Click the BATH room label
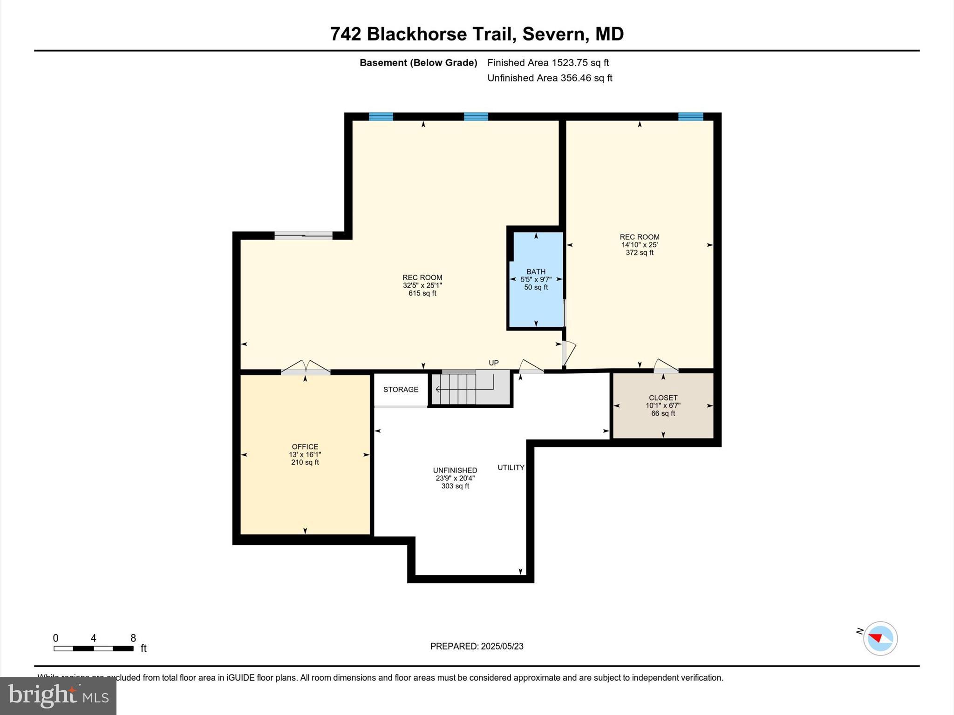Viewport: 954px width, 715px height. pyautogui.click(x=536, y=271)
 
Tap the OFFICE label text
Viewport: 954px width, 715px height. pyautogui.click(x=305, y=446)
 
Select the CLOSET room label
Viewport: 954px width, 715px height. pyautogui.click(x=663, y=398)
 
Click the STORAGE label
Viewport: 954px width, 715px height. pyautogui.click(x=401, y=390)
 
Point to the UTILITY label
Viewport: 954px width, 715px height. pyautogui.click(x=511, y=467)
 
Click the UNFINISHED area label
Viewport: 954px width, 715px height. pyautogui.click(x=455, y=470)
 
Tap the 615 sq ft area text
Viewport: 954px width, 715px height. pyautogui.click(x=422, y=293)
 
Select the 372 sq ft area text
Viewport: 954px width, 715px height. pyautogui.click(x=640, y=253)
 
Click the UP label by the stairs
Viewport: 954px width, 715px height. pyautogui.click(x=494, y=363)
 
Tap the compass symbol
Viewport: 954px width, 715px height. pyautogui.click(x=880, y=638)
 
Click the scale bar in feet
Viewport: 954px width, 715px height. pyautogui.click(x=94, y=648)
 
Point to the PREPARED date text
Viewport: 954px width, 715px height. pyautogui.click(x=477, y=646)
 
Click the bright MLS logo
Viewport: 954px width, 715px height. pyautogui.click(x=58, y=695)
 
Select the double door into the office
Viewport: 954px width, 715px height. pyautogui.click(x=305, y=368)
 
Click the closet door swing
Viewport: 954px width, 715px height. pyautogui.click(x=666, y=366)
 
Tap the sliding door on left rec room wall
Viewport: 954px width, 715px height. pyautogui.click(x=303, y=236)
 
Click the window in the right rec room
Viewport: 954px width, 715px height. pyautogui.click(x=690, y=117)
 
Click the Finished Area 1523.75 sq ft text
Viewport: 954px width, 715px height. pyautogui.click(x=548, y=62)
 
